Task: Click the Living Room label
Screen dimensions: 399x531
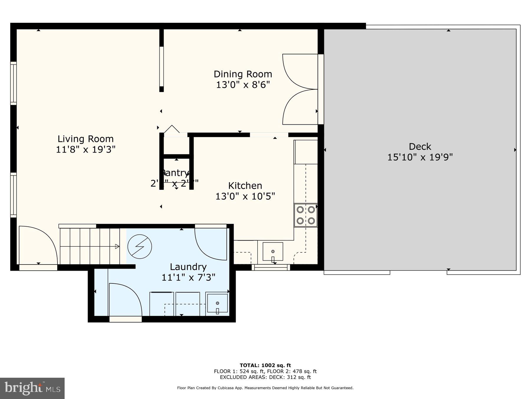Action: point(85,139)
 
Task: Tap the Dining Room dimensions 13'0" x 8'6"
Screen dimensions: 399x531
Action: point(243,85)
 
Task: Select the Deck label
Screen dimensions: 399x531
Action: point(420,146)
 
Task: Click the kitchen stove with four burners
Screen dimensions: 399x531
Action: point(306,215)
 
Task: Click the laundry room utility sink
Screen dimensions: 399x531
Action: point(217,303)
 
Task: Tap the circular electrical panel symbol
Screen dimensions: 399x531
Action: point(140,246)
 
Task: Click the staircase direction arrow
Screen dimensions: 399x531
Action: point(117,246)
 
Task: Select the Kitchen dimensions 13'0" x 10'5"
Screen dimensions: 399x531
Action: point(245,196)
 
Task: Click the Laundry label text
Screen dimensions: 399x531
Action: point(188,267)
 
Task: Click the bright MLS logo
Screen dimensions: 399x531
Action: point(32,388)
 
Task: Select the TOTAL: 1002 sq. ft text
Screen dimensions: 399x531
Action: point(265,365)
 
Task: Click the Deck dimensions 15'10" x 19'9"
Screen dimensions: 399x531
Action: point(420,157)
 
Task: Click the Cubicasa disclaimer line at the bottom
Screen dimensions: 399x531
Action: point(265,388)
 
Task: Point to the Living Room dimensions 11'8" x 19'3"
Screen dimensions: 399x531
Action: point(85,150)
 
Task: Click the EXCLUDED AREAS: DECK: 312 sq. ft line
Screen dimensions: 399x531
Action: point(265,377)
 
